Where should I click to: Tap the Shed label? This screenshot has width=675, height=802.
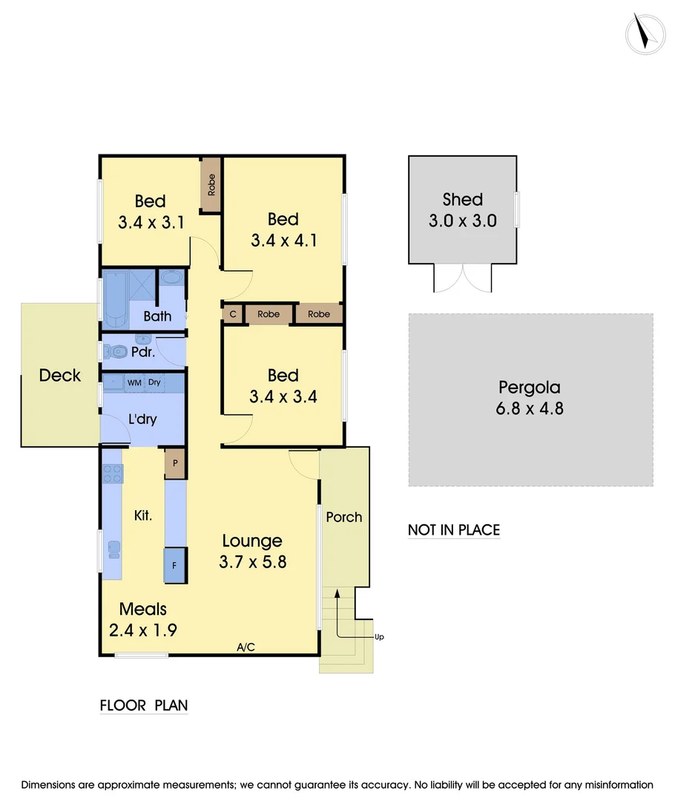coord(462,199)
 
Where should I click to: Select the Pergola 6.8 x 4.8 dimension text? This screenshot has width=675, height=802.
coord(530,408)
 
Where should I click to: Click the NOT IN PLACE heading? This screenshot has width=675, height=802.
coord(454,530)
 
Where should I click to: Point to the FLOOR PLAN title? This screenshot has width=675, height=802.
coord(144,705)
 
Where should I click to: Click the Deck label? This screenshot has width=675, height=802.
coord(60,375)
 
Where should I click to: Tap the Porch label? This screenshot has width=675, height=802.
coord(344,516)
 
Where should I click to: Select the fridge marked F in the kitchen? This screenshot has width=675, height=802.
coord(175,565)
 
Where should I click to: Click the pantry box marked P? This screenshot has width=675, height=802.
coord(175,463)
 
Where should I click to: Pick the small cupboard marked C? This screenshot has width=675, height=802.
coord(233,314)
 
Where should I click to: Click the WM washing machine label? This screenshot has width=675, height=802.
coord(134,382)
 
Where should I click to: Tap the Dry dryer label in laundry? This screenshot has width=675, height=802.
coord(154,382)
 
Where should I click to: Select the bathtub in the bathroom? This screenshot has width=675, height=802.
coord(115,299)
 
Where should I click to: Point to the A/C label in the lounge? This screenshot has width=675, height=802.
coord(246,648)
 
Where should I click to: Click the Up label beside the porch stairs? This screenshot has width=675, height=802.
coord(379,637)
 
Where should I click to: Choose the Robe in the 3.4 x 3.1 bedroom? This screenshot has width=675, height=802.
coord(211,183)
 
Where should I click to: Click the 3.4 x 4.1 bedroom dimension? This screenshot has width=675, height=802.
coord(283,241)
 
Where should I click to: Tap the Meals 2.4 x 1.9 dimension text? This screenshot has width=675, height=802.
coord(142,630)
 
